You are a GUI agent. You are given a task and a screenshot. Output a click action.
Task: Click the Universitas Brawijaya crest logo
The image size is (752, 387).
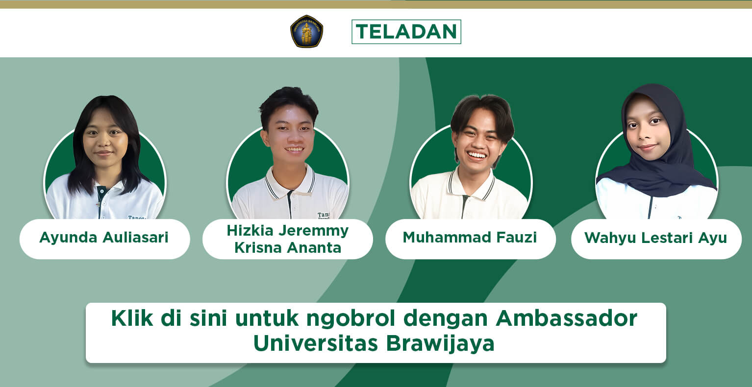click(306, 31)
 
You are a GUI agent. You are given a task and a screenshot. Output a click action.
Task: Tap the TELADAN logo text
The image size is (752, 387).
click(406, 32)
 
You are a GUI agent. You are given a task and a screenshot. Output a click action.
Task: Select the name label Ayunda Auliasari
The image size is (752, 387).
click(104, 238)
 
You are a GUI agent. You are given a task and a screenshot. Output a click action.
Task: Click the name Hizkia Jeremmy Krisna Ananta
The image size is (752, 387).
click(288, 239)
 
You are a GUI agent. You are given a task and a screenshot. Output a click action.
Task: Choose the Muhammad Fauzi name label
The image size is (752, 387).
click(470, 238)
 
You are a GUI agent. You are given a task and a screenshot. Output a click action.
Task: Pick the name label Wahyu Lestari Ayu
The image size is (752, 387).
click(655, 238)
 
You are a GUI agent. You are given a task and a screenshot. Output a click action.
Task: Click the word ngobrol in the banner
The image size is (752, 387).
click(351, 318)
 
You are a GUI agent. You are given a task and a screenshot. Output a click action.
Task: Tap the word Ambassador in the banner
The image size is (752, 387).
click(566, 318)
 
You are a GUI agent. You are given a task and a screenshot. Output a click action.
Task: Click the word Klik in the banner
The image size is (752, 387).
click(132, 318)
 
